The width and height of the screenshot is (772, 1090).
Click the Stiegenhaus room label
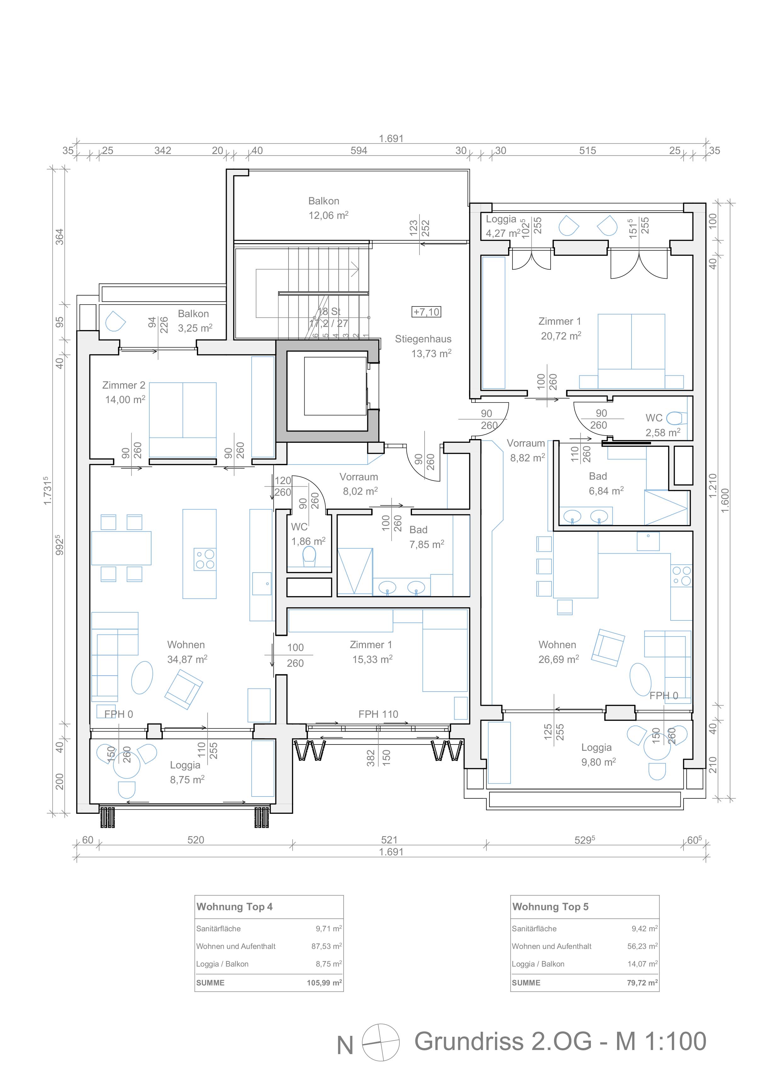coord(423,339)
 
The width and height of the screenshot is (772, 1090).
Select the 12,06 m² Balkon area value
coord(329,215)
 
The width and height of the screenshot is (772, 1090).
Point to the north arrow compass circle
coord(381,1042)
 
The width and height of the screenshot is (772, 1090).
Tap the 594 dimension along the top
coord(359,151)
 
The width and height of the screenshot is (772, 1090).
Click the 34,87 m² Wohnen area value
coord(187,659)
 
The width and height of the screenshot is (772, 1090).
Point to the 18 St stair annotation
coord(329,311)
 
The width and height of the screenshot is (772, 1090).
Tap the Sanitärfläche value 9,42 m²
coord(645,928)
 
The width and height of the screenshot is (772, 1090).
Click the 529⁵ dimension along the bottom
coord(585,840)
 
